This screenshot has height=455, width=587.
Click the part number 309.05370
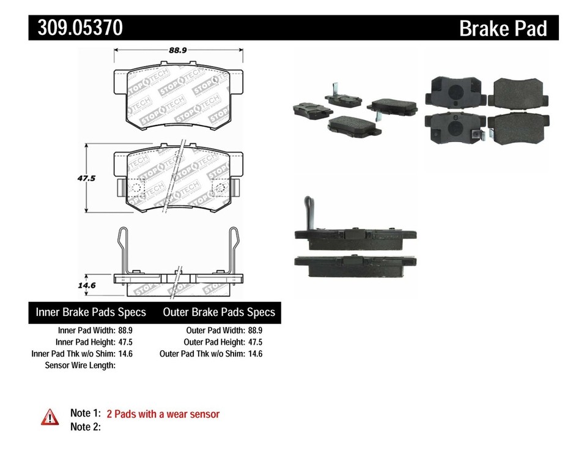[79, 28]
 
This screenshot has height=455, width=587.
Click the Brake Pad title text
[503, 28]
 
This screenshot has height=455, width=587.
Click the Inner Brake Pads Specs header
[90, 312]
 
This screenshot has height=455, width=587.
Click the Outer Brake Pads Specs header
[219, 312]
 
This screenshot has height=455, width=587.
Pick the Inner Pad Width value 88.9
[125, 331]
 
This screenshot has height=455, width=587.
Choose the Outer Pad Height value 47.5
[254, 342]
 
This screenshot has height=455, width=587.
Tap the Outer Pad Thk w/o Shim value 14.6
[254, 354]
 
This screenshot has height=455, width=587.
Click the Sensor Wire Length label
[80, 366]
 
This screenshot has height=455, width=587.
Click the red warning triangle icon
[50, 418]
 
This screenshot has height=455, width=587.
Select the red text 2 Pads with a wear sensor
[163, 415]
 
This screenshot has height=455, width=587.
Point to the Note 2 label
[85, 427]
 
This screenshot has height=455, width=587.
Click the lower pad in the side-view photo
[355, 261]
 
